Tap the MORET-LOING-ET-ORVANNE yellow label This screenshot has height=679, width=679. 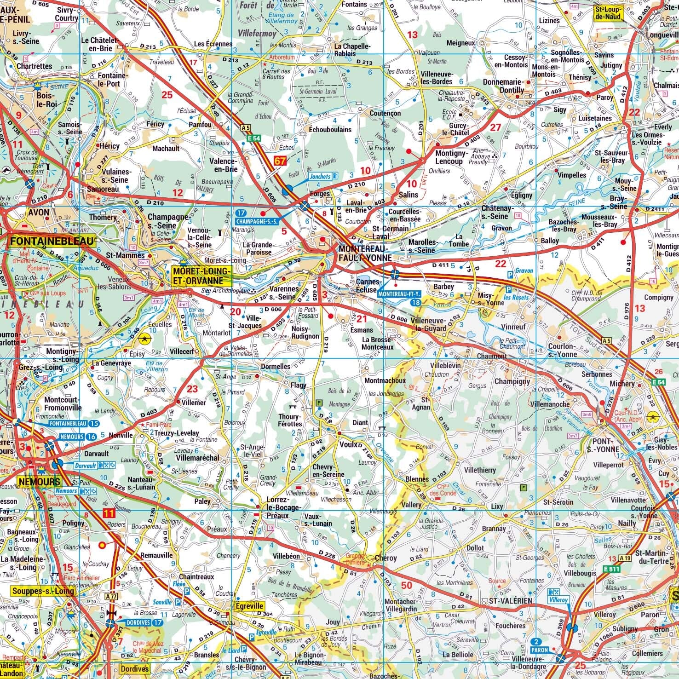pyautogui.click(x=201, y=276)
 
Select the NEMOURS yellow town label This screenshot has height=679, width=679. pyautogui.click(x=39, y=482)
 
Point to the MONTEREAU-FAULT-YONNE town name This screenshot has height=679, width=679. pyautogui.click(x=365, y=253)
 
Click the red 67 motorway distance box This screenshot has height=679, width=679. pyautogui.click(x=280, y=161)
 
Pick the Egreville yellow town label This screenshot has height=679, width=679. pyautogui.click(x=249, y=606)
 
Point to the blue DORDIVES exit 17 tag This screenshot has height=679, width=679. pyautogui.click(x=142, y=622)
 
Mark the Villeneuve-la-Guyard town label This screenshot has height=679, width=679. pyautogui.click(x=428, y=324)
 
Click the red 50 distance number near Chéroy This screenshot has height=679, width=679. pyautogui.click(x=406, y=585)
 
